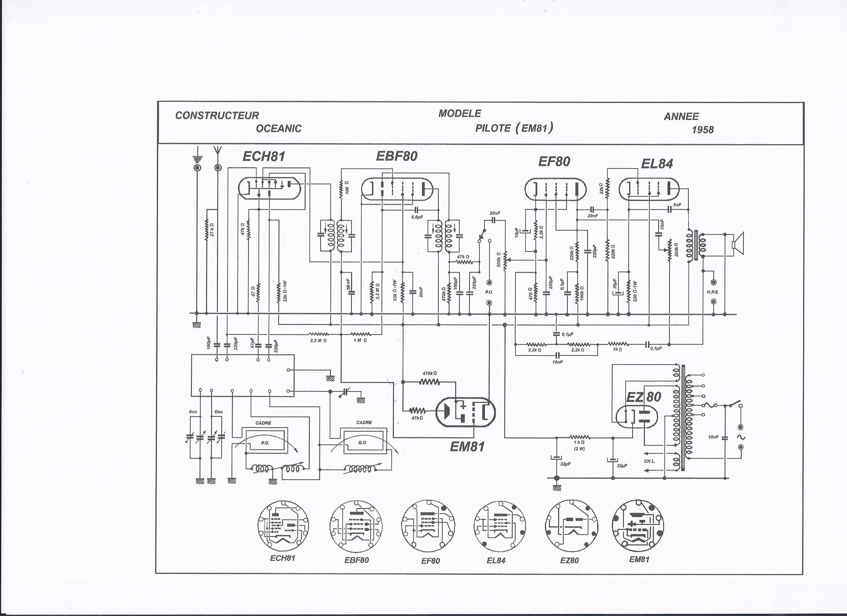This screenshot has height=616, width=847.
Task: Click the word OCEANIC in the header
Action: pos(279,129)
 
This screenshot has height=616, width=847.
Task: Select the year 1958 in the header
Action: pos(702,130)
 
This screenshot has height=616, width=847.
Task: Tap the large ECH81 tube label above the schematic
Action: pos(264,156)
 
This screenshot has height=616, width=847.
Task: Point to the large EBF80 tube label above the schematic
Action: pos(396,156)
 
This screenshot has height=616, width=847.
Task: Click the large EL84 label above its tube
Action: pos(657,164)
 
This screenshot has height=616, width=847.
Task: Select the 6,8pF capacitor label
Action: pos(417,217)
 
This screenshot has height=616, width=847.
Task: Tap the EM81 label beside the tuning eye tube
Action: pos(467,446)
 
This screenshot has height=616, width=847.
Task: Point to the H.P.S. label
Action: pos(713,292)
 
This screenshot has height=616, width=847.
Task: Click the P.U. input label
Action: pos(489,292)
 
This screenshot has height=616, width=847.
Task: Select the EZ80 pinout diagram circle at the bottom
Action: pos(571,527)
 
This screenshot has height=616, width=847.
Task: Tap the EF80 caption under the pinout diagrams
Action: pos(430,561)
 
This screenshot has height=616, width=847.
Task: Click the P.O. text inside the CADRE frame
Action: pos(265,443)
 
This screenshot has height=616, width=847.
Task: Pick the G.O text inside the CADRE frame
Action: pos(362,443)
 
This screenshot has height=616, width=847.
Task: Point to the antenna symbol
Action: pos(218,152)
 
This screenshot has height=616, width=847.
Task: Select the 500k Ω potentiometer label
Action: pos(498,259)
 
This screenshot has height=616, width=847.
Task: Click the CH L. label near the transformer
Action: pos(650,461)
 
